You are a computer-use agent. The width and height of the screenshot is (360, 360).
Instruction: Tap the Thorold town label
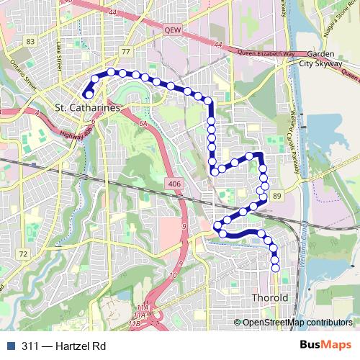(x=270, y=297)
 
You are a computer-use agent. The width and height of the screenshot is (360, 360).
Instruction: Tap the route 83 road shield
(x=30, y=42)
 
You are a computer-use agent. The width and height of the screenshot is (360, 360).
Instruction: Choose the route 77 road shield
(x=125, y=52)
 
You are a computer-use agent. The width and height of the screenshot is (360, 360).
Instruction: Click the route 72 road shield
(x=23, y=254)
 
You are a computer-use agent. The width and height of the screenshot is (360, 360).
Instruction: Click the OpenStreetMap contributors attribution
(x=297, y=323)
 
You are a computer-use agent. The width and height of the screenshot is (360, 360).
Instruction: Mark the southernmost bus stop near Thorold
(x=276, y=268)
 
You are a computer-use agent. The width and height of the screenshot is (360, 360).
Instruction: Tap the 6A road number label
(x=143, y=124)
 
